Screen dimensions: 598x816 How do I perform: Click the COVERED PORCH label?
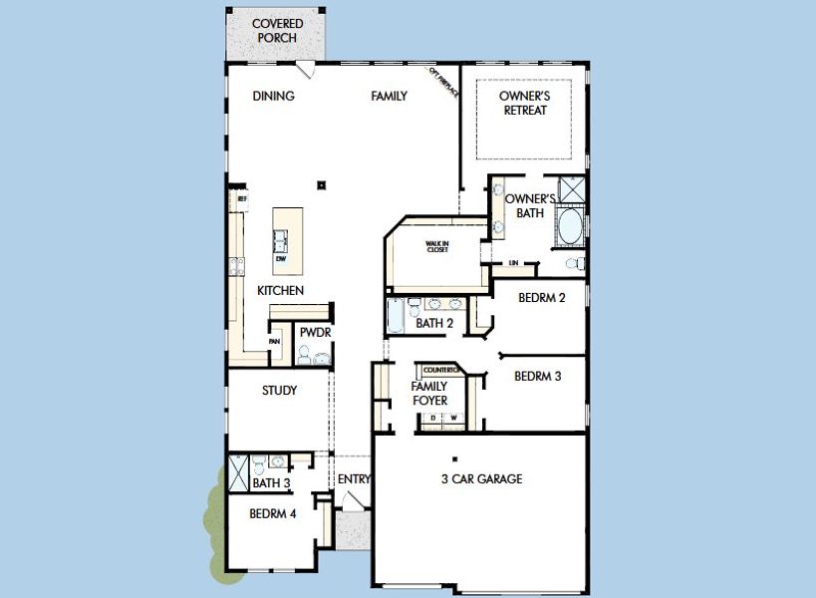(x=277, y=31)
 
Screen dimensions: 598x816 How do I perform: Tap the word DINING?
(x=273, y=97)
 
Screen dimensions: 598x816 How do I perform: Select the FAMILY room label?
(x=389, y=97)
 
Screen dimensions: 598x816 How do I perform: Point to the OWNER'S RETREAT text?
(x=524, y=104)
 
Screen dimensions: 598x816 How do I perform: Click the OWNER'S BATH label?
(x=523, y=205)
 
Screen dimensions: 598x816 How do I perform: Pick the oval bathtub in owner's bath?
(x=569, y=227)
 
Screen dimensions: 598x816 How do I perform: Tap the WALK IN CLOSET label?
(x=437, y=246)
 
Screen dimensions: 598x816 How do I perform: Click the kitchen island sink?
(x=282, y=240)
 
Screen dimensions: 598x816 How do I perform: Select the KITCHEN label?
(x=280, y=290)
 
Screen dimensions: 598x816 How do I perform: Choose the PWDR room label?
(x=315, y=333)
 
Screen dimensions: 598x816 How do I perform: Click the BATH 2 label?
(x=434, y=323)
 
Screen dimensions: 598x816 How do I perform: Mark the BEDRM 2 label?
(x=542, y=297)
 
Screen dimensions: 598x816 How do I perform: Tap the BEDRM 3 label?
(x=538, y=377)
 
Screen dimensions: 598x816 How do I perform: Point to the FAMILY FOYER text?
(x=429, y=394)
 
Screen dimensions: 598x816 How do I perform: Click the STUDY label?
(x=279, y=391)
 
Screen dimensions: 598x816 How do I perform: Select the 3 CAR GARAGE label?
(x=481, y=479)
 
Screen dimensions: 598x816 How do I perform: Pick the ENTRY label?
(x=354, y=479)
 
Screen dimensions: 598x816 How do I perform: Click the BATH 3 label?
(x=270, y=484)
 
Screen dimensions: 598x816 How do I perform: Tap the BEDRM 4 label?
(x=272, y=514)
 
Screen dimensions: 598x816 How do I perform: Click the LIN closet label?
(x=514, y=263)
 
